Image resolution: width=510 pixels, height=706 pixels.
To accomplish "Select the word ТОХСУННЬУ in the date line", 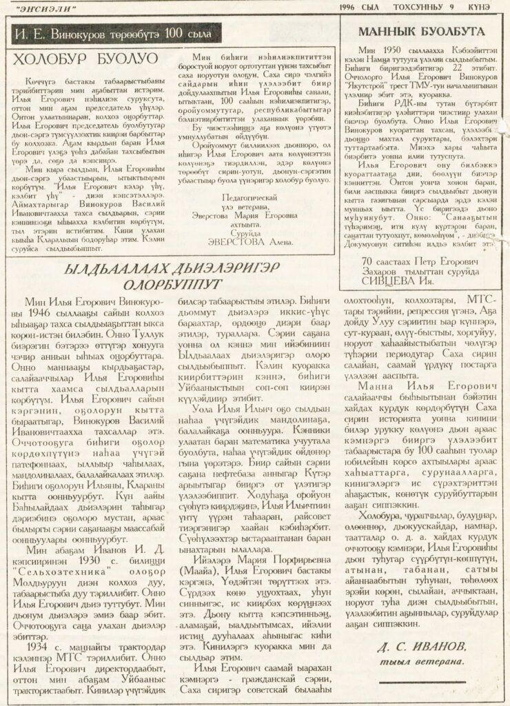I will click(426, 8).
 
